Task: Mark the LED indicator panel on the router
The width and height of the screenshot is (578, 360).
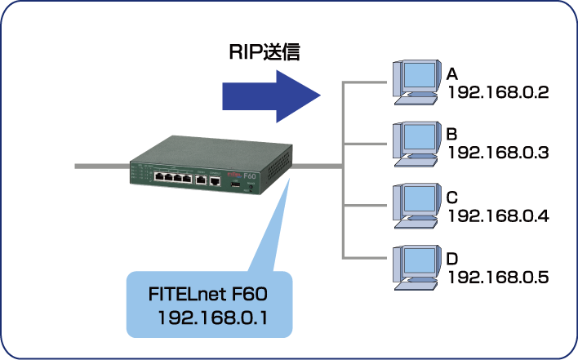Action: [x=138, y=173]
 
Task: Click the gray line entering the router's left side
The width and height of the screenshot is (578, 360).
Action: [x=98, y=166]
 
